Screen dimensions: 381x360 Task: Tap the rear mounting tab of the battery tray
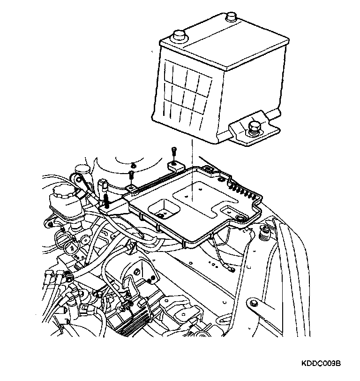pyautogui.click(x=174, y=166)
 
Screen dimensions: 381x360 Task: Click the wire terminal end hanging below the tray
pyautogui.click(x=230, y=268)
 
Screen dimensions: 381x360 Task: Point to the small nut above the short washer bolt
pyautogui.click(x=133, y=165)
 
